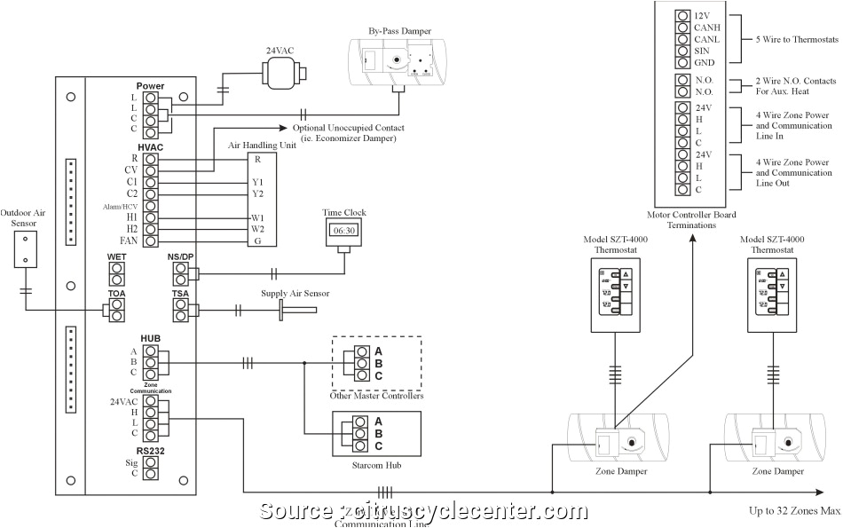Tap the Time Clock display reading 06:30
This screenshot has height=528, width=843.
pos(343,230)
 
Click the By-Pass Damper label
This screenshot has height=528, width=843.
pos(394,32)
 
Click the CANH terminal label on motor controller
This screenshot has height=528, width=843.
pos(706,28)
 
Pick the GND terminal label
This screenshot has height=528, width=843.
pos(704,62)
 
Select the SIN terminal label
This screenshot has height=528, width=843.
pos(701,51)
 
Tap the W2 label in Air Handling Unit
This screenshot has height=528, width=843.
pos(258,229)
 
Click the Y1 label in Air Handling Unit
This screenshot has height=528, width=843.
pos(257,182)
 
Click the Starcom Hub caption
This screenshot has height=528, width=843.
pos(376,464)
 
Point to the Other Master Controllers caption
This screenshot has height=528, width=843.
pos(377,396)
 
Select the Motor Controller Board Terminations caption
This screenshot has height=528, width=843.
pos(692,220)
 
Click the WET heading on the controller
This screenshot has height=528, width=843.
pos(117,257)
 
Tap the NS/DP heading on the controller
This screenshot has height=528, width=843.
pos(180,257)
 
